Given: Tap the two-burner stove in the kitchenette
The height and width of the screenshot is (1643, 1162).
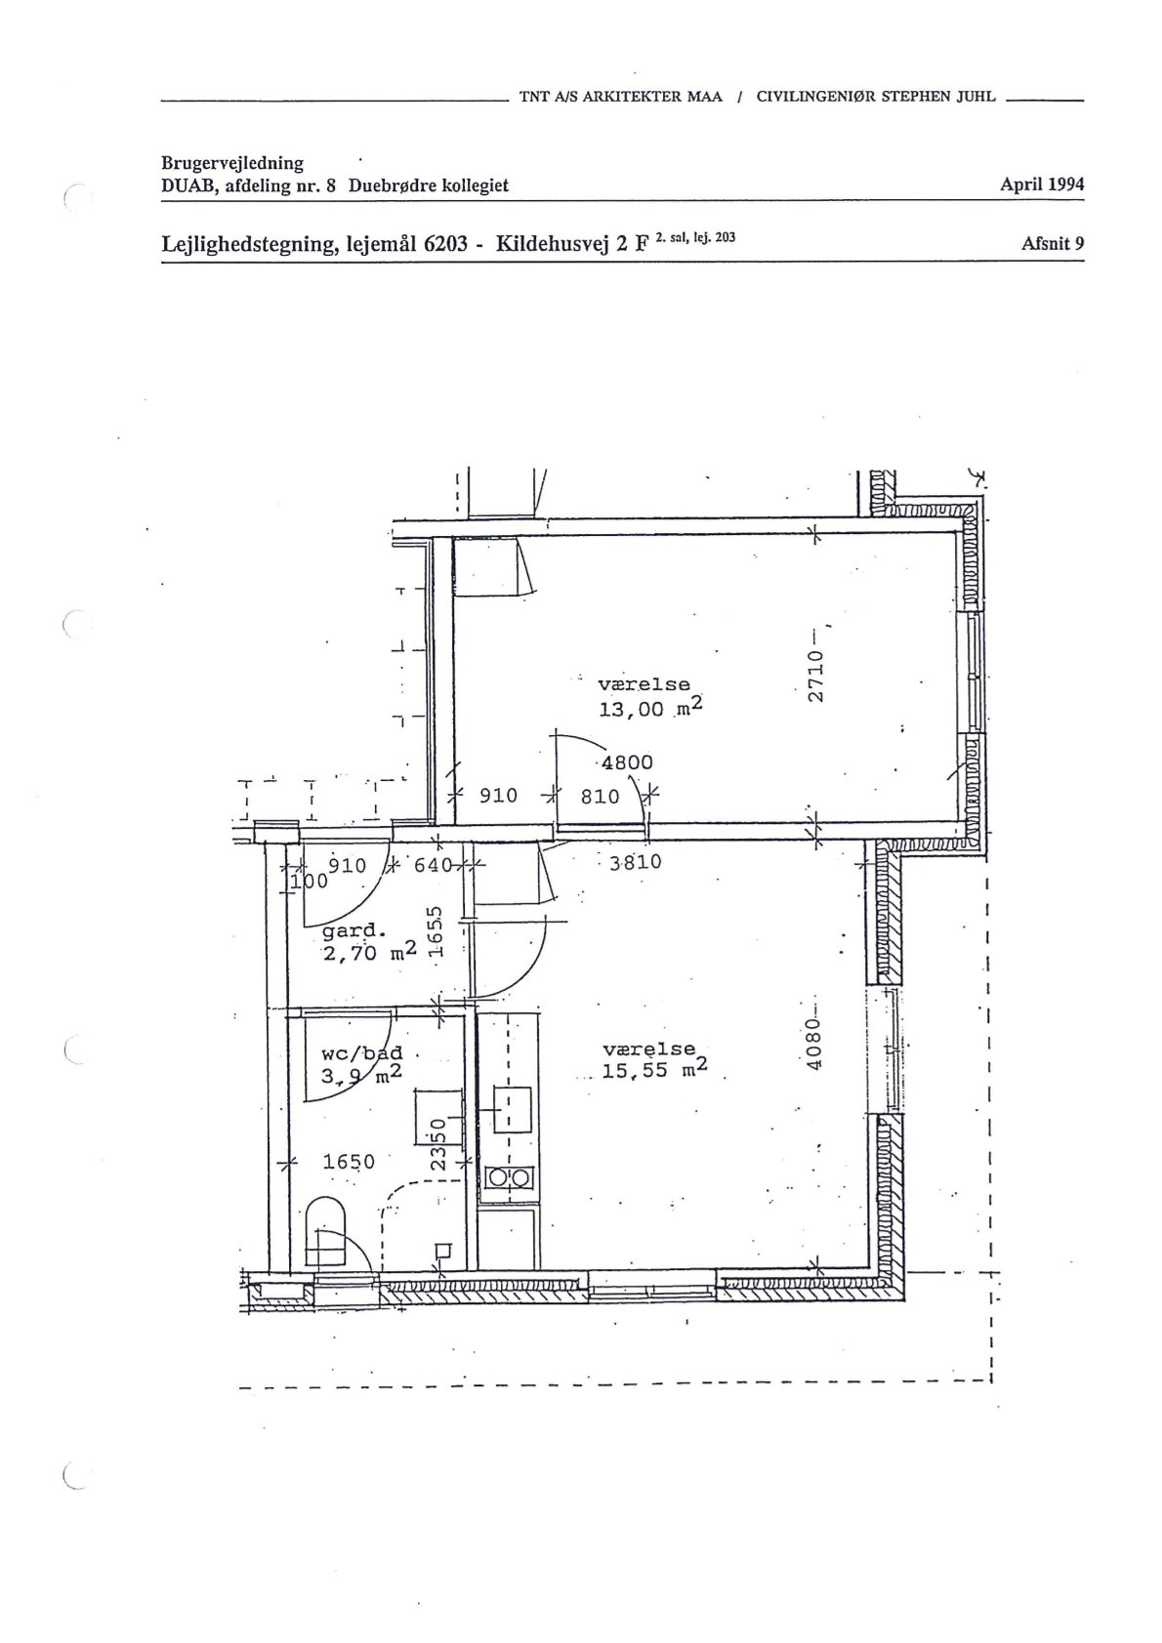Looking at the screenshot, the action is tap(509, 1178).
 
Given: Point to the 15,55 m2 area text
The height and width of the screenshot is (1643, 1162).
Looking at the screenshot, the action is tap(654, 1069).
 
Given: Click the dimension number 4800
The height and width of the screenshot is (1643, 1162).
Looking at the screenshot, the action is tap(627, 762).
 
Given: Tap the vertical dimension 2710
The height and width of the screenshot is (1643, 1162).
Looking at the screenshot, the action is tap(816, 677).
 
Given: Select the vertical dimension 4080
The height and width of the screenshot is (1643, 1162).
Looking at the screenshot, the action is tap(813, 1045).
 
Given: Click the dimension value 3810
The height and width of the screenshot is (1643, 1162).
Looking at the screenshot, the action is tap(636, 861).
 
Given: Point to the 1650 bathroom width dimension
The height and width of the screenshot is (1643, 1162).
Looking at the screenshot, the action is tap(349, 1162).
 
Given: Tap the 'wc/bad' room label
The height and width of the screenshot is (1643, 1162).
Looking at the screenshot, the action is tap(361, 1054).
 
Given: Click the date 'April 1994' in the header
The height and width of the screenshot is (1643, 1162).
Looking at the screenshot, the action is tap(1042, 185).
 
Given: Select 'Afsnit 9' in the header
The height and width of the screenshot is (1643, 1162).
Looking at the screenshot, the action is tap(1053, 243).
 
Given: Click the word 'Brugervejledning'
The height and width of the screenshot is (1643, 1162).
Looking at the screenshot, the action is tap(232, 164).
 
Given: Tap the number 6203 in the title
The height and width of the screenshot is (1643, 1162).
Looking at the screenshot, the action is tap(445, 243).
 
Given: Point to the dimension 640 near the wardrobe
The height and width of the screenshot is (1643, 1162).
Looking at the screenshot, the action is tap(433, 866).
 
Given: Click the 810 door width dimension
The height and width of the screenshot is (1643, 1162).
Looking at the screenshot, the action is tap(601, 796).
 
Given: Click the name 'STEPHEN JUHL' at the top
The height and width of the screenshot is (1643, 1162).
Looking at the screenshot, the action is tap(938, 96).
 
